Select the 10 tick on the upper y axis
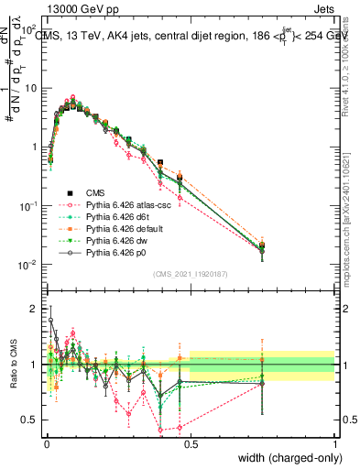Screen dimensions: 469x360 [31, 89]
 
